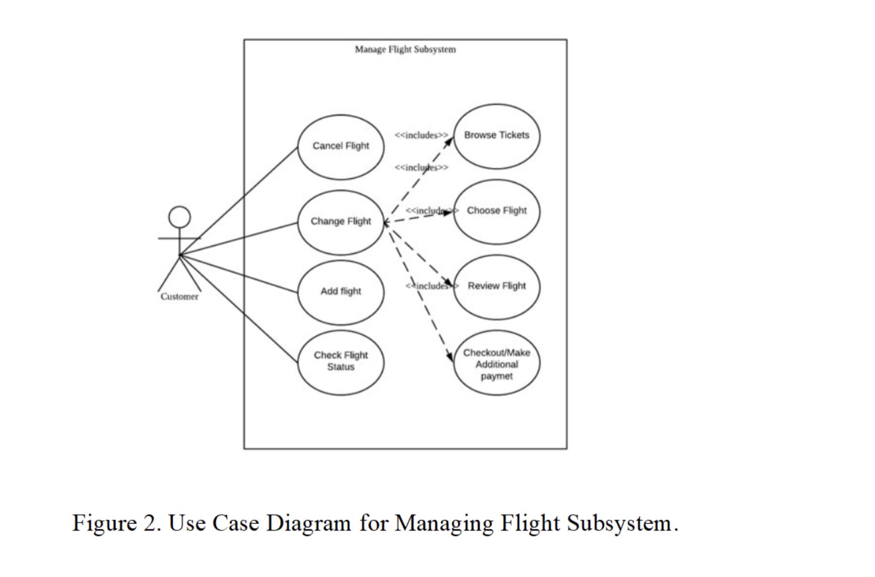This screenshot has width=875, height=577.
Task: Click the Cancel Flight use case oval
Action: [340, 147]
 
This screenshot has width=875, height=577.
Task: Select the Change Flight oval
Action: [340, 222]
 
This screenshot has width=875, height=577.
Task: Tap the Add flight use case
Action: [340, 292]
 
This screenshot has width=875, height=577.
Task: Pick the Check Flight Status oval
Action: [340, 362]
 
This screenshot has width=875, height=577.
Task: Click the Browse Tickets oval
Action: [496, 136]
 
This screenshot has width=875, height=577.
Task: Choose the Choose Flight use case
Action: [496, 211]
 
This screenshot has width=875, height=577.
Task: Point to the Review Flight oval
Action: [496, 287]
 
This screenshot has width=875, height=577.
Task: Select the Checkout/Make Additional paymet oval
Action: [496, 364]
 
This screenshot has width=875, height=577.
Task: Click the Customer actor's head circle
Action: [179, 217]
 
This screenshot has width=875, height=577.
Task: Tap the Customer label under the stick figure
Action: [179, 297]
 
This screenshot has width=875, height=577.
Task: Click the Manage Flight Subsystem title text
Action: [405, 50]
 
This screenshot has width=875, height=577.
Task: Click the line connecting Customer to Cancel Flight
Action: [240, 200]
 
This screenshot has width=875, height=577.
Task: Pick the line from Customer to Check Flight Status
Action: [240, 310]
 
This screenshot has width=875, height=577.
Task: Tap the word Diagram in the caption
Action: [308, 523]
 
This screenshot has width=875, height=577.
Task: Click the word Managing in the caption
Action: [444, 523]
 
